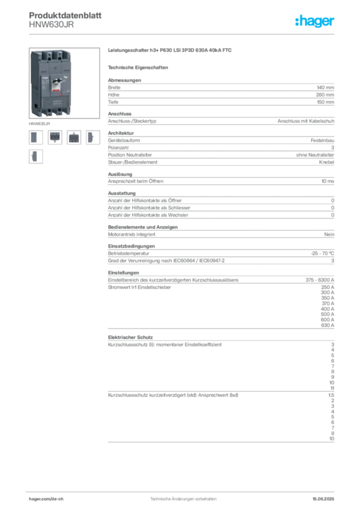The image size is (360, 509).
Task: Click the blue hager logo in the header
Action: [x=315, y=21]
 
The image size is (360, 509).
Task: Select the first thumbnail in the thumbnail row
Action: [x=35, y=137]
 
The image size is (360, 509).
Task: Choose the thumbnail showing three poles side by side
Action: [x=55, y=137]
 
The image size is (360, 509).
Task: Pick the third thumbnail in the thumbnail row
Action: [x=74, y=137]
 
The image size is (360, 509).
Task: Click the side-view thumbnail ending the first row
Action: [x=91, y=137]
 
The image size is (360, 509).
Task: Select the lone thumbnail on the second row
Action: [x=35, y=156]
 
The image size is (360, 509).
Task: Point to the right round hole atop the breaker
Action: [x=58, y=54]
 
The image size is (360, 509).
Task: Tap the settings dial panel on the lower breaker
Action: [x=56, y=102]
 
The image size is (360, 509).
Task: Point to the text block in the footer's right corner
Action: [x=325, y=497]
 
